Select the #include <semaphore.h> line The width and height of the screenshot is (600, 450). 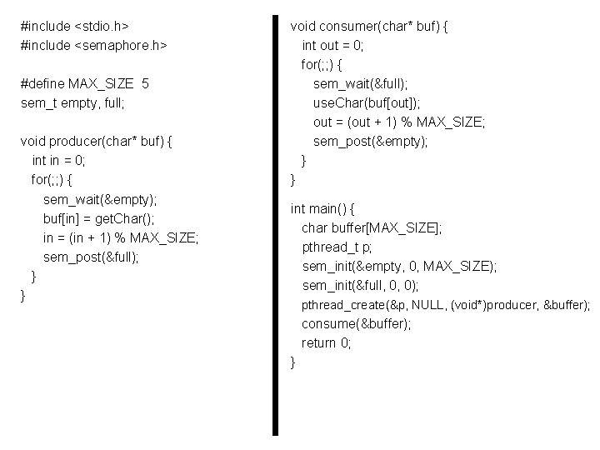pyautogui.click(x=94, y=45)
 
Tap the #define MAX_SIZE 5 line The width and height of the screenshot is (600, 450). pyautogui.click(x=85, y=83)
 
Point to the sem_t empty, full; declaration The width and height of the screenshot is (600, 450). pyautogui.click(x=72, y=102)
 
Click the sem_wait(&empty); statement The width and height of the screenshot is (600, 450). pyautogui.click(x=100, y=199)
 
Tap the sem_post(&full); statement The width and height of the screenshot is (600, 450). pyautogui.click(x=91, y=257)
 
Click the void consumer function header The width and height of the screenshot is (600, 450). pyautogui.click(x=370, y=26)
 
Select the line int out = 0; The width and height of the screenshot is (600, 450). pyautogui.click(x=332, y=45)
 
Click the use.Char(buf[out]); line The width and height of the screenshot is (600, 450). pyautogui.click(x=367, y=102)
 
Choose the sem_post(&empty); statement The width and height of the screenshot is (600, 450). pyautogui.click(x=371, y=141)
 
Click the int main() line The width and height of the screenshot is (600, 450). pyautogui.click(x=322, y=207)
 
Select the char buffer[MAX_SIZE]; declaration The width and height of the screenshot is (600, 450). pyautogui.click(x=372, y=227)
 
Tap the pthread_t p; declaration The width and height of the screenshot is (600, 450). pyautogui.click(x=337, y=247)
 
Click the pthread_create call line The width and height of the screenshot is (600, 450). pyautogui.click(x=446, y=305)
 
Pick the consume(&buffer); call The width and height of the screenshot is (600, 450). pyautogui.click(x=357, y=323)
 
